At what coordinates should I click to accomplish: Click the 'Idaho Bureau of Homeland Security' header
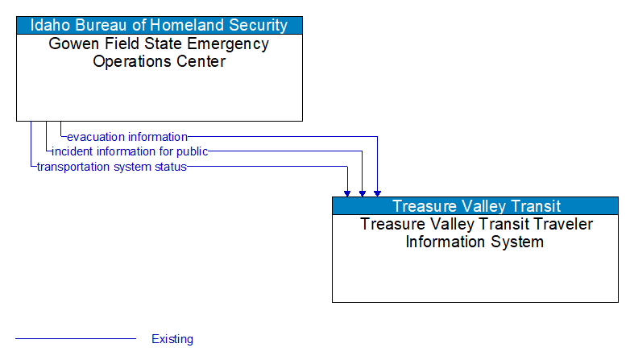pos(159,25)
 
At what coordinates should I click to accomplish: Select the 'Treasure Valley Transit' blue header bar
pos(475,206)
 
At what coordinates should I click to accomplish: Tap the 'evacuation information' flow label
pos(127,137)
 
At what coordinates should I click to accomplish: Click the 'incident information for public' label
pos(130,151)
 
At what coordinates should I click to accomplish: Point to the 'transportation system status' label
pos(111,167)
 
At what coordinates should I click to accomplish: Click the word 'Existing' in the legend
pos(172,339)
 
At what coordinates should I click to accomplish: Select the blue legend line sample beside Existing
pos(76,339)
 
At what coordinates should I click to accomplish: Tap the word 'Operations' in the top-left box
pos(131,61)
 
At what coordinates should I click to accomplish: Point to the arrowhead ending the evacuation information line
pos(377,192)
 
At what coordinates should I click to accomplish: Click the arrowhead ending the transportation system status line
pos(347,192)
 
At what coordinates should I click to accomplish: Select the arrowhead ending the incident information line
pos(363,192)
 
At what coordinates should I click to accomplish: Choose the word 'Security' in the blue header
pos(259,25)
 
